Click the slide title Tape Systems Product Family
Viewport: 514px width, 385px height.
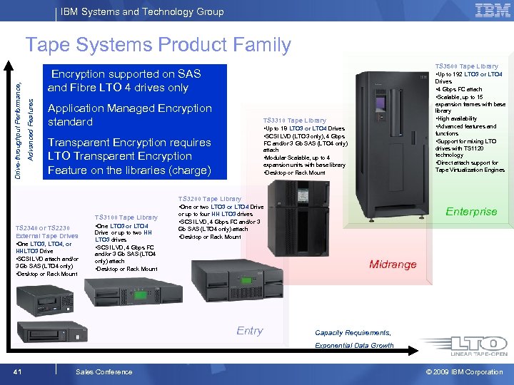(158, 45)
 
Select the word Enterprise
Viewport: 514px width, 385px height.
(471, 212)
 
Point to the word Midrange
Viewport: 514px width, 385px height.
(393, 265)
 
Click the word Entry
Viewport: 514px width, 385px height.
(250, 331)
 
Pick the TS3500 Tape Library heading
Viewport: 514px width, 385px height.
(468, 66)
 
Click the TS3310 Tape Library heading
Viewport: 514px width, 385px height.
(294, 120)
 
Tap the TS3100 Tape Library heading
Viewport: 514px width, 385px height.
(126, 217)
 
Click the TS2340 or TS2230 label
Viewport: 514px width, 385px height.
(42, 227)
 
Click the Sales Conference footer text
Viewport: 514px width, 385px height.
(104, 371)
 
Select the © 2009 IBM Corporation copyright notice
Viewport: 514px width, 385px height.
(465, 371)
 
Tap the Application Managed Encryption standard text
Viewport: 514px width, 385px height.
(129, 115)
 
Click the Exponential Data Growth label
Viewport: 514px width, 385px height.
(354, 346)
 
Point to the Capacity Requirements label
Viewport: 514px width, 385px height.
(353, 333)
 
